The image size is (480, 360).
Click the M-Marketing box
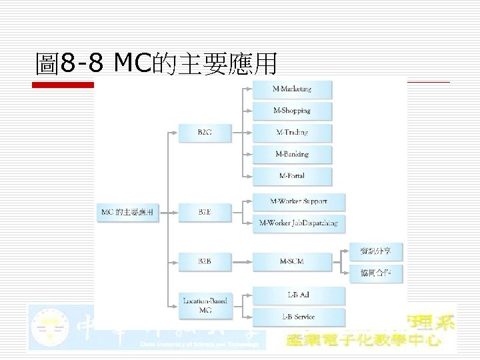coord(291,89)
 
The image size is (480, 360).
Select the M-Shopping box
coord(291,111)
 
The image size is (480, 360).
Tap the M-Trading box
coord(291,133)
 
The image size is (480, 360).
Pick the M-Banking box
coord(291,154)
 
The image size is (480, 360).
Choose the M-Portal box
coord(291,176)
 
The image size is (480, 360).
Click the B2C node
coord(205,133)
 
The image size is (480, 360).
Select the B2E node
coord(205,212)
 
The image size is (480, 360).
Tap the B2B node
coord(205,261)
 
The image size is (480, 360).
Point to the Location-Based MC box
coord(205,305)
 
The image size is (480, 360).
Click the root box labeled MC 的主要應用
coord(127,212)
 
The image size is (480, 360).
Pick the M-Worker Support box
coord(299,201)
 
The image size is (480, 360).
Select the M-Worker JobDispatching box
coord(299,223)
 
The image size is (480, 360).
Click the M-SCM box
coord(291,261)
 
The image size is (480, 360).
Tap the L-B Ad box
coord(299,295)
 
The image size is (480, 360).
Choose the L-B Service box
coord(299,317)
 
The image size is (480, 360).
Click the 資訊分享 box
coord(376,251)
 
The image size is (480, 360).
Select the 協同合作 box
coord(376,272)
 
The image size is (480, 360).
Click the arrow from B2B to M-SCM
coord(241,261)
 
